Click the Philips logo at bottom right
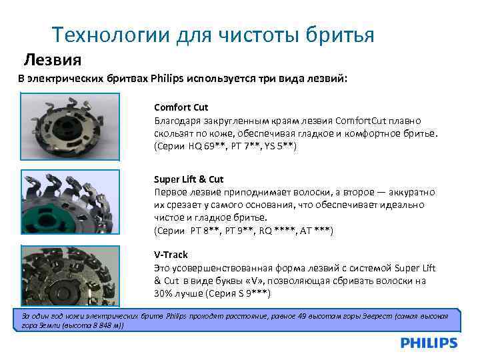point(429,343)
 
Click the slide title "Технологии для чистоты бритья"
point(213,35)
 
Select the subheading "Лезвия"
point(53,60)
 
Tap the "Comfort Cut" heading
point(181,107)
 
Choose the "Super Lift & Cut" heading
point(189,179)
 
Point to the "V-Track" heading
point(171,255)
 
